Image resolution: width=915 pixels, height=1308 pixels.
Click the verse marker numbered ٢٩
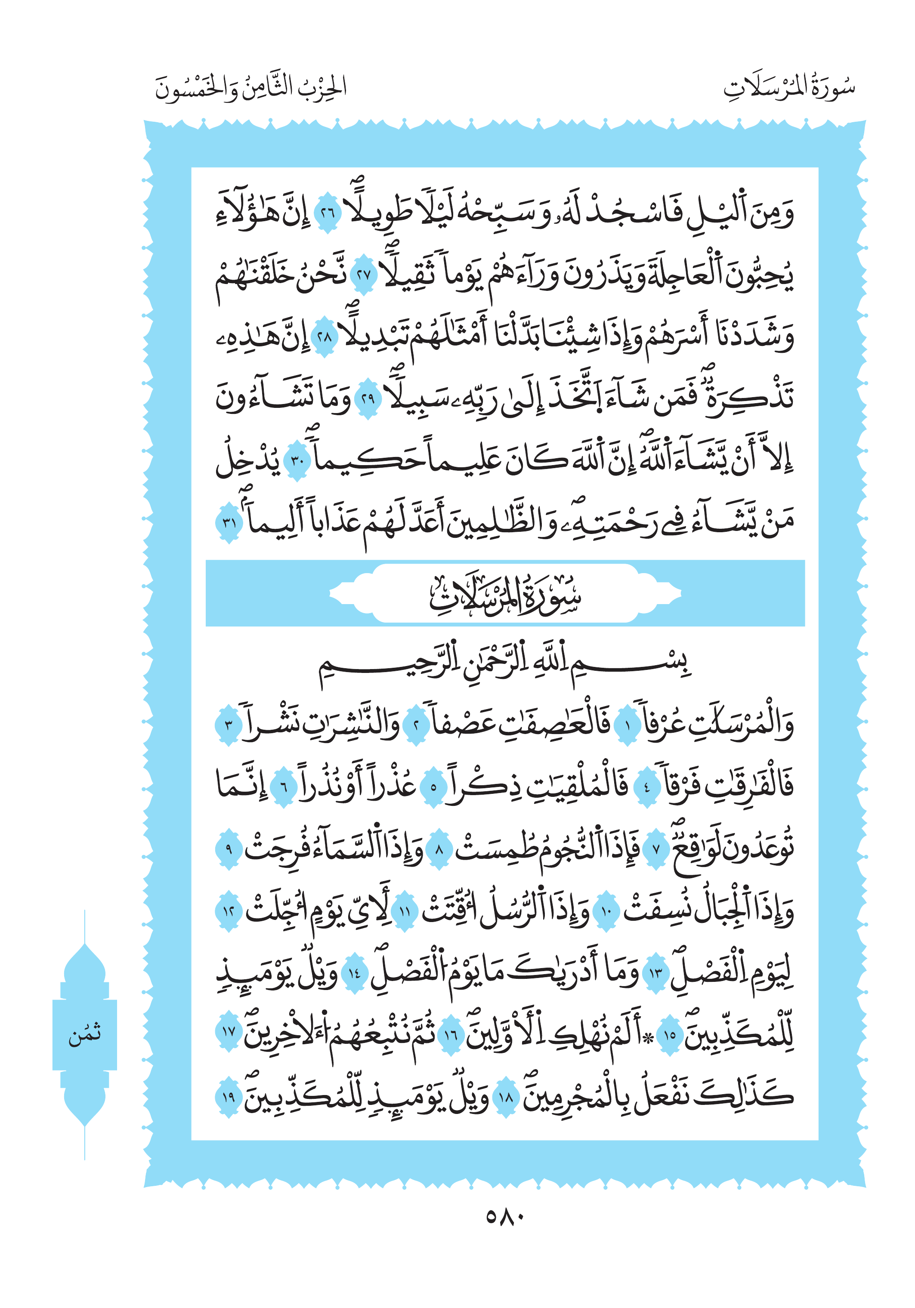pos(368,398)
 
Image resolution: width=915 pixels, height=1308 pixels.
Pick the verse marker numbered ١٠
pos(606,911)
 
